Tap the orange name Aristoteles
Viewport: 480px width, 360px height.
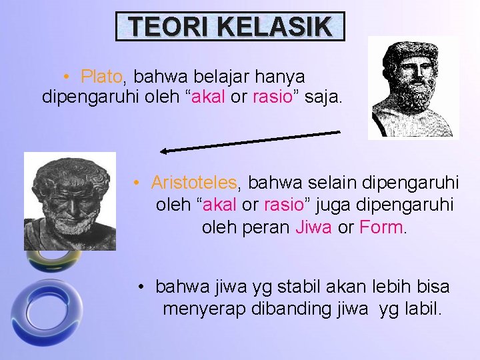193,182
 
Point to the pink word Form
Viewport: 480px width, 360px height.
382,227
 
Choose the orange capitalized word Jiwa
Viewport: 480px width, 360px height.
314,227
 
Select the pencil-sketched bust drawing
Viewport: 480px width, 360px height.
413,87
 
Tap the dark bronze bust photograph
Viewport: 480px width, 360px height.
69,201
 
